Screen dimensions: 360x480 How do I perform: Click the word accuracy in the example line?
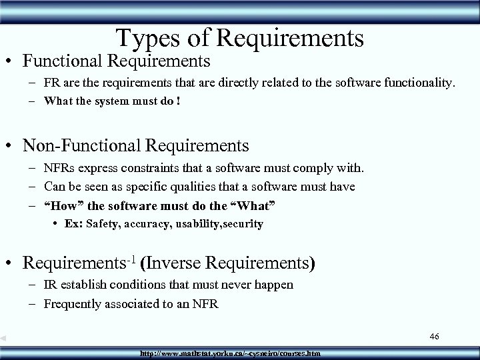point(147,224)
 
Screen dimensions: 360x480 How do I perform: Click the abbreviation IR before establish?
point(51,285)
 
